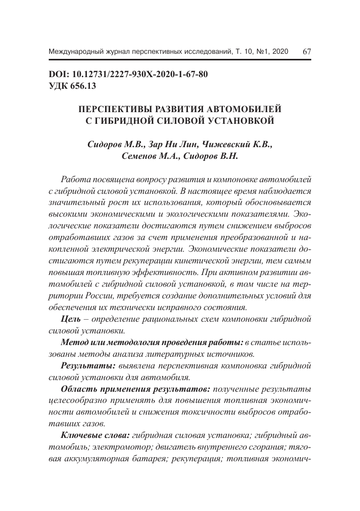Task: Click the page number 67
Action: click(x=307, y=51)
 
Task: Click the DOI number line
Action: click(x=128, y=75)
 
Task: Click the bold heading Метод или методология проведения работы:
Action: click(x=151, y=342)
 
